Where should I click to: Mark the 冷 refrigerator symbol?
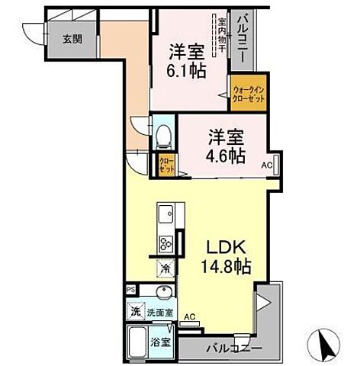pyautogui.click(x=166, y=268)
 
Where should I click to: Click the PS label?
pyautogui.click(x=131, y=291)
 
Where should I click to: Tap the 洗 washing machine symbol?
pyautogui.click(x=134, y=312)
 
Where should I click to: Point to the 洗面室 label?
pyautogui.click(x=159, y=312)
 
